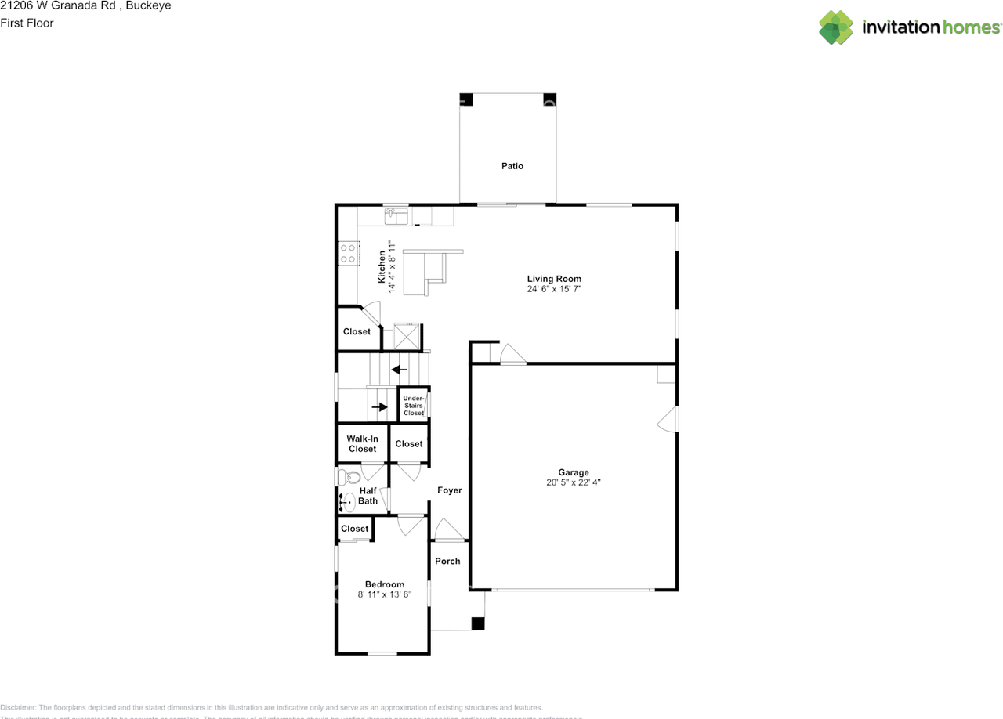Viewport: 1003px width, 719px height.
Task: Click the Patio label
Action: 512,166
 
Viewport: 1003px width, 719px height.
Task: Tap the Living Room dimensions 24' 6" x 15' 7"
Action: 554,289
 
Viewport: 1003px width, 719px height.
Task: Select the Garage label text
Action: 574,472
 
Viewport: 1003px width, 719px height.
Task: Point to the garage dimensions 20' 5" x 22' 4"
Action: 574,482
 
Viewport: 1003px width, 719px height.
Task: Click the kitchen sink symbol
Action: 396,215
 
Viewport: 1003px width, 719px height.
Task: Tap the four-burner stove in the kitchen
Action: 348,253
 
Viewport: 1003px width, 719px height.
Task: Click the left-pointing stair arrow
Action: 400,369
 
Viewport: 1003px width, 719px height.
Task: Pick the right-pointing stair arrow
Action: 379,406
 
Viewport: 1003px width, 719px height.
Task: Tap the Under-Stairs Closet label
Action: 414,406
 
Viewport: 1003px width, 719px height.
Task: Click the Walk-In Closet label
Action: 363,444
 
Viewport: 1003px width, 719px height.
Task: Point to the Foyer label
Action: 450,490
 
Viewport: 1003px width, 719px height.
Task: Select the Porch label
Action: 448,561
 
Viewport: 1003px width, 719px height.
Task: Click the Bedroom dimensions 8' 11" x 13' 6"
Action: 385,594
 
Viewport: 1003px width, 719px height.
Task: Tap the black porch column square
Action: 477,623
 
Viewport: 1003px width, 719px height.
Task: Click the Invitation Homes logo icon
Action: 836,27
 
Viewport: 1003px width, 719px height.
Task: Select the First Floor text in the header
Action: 27,23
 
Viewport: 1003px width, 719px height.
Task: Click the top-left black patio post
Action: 466,99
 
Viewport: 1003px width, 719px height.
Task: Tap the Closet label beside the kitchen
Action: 357,331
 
